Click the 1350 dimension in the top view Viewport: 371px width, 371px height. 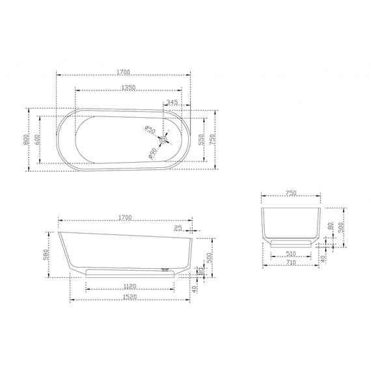[128, 88]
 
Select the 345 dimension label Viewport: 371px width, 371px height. [172, 102]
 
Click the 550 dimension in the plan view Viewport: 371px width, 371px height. [202, 139]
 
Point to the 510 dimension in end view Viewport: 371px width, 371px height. [291, 254]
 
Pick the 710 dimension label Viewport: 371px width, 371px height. [291, 264]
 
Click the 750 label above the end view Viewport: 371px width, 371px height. [291, 193]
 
